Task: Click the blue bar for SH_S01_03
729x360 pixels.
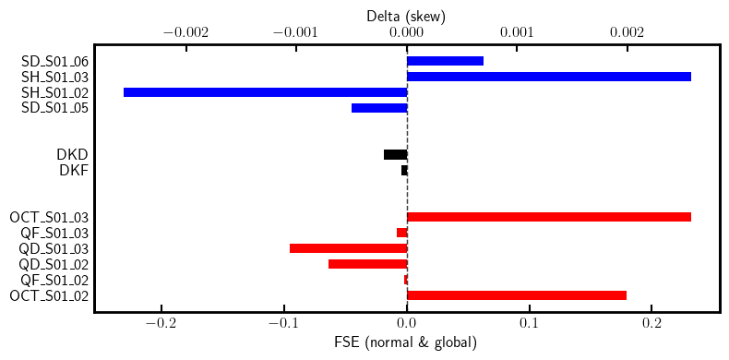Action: pyautogui.click(x=548, y=77)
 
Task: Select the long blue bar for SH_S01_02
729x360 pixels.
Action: pyautogui.click(x=265, y=92)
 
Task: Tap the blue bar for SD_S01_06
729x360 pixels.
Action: pyautogui.click(x=445, y=61)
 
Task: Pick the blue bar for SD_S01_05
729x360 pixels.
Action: pyautogui.click(x=379, y=108)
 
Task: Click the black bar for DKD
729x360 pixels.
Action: pyautogui.click(x=395, y=154)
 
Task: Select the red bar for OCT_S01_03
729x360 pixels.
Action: pyautogui.click(x=548, y=217)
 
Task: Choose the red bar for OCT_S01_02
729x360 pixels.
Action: pyautogui.click(x=516, y=295)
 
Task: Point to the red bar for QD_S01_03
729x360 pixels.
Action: pyautogui.click(x=348, y=248)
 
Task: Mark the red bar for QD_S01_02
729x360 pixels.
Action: pyautogui.click(x=367, y=264)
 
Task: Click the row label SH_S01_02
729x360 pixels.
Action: pyautogui.click(x=54, y=92)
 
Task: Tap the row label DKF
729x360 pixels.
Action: pyautogui.click(x=74, y=170)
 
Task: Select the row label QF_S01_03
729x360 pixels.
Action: pyautogui.click(x=54, y=233)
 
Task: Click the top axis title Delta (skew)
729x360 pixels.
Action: pyautogui.click(x=406, y=15)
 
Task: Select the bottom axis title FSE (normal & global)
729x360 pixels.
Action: pyautogui.click(x=406, y=342)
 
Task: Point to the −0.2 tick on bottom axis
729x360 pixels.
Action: pyautogui.click(x=161, y=324)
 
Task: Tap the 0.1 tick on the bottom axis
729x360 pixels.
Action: pyautogui.click(x=529, y=324)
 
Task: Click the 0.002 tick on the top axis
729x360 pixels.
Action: pyautogui.click(x=627, y=32)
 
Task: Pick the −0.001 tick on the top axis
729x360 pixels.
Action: pyautogui.click(x=296, y=32)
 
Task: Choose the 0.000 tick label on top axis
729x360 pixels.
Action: pyautogui.click(x=406, y=32)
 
